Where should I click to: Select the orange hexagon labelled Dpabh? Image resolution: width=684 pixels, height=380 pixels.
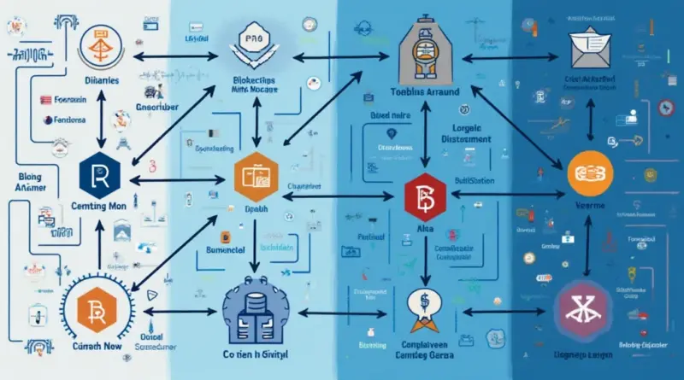tap(257, 176)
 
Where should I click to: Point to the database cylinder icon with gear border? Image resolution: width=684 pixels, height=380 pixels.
tap(256, 306)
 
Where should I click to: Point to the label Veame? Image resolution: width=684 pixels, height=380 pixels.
tap(591, 206)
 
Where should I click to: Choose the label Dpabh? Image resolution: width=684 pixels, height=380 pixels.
tap(256, 209)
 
